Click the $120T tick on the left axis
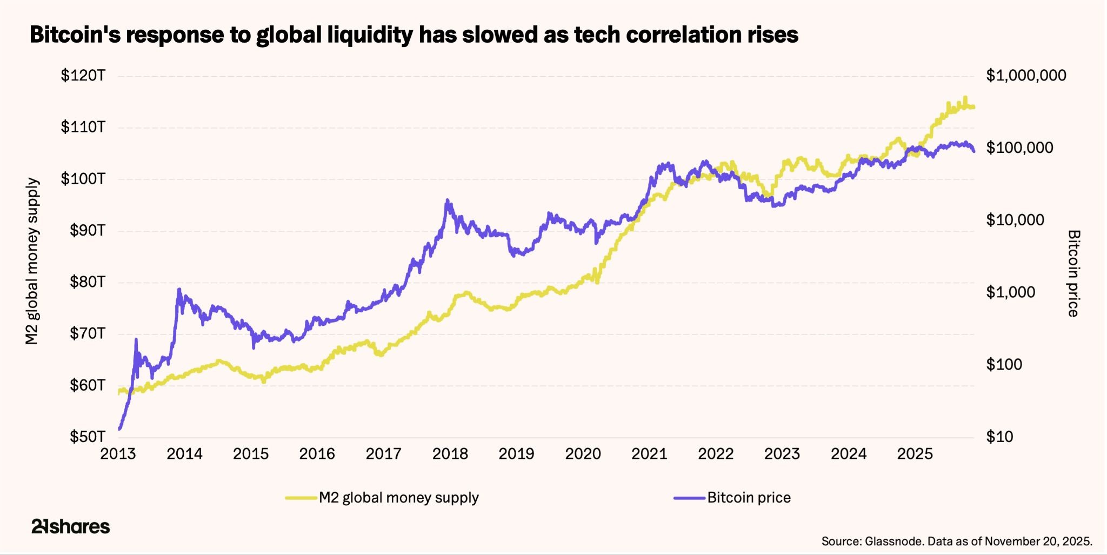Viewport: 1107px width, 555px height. coord(83,76)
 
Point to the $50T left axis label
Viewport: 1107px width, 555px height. coord(87,437)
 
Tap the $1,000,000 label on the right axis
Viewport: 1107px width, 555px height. coord(1026,76)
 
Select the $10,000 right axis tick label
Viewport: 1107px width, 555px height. coord(1015,220)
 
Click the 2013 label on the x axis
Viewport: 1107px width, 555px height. coord(118,454)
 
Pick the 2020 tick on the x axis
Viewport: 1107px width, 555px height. coord(583,454)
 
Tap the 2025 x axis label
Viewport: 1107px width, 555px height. coord(915,454)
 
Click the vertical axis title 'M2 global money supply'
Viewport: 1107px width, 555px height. coord(32,261)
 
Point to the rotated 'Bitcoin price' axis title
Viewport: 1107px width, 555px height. coord(1073,273)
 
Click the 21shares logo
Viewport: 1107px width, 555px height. coord(70,526)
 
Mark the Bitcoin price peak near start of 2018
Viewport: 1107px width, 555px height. coord(447,200)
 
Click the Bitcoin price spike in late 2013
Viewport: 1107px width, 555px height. coord(179,290)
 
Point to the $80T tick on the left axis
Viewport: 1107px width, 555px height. coord(87,282)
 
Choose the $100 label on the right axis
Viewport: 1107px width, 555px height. coord(1004,365)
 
